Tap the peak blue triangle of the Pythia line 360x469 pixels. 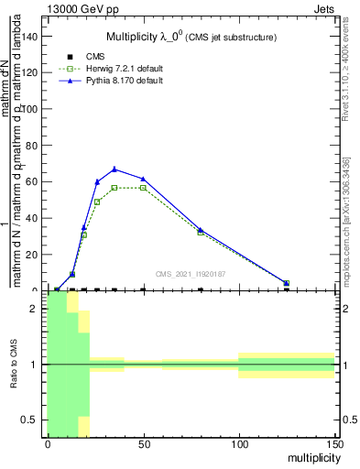click(115, 169)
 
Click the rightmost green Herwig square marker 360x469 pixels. click(287, 283)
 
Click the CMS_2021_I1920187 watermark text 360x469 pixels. click(190, 273)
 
